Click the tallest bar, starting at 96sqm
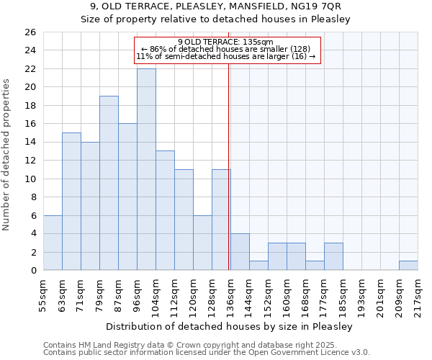tap(146, 169)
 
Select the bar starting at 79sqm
tap(109, 183)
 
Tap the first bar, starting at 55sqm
tap(53, 243)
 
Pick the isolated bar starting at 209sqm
tap(408, 266)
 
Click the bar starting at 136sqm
tap(240, 252)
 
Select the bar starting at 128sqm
tap(221, 220)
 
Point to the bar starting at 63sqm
tap(71, 202)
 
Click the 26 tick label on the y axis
tap(30, 32)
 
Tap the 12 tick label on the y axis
tap(30, 161)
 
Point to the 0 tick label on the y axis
tap(32, 271)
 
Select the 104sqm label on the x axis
tap(156, 294)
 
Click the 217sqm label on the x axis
tap(418, 294)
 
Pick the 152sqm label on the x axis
tap(269, 294)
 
